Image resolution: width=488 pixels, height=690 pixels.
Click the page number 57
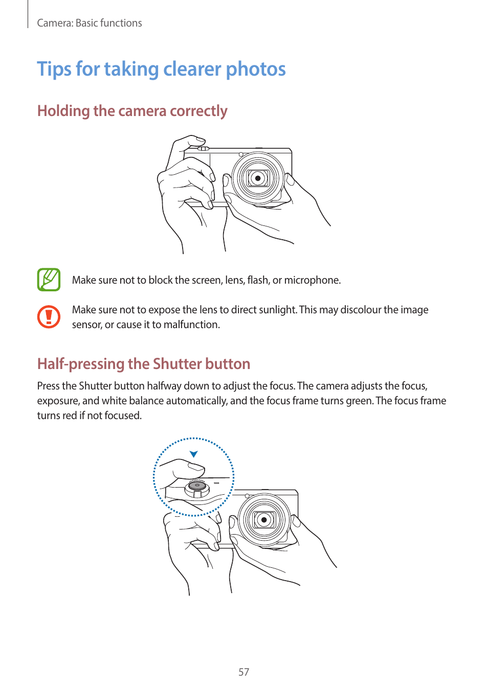coord(243,672)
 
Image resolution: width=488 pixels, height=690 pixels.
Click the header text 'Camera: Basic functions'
coord(90,23)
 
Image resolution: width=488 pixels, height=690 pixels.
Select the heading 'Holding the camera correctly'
coord(132,111)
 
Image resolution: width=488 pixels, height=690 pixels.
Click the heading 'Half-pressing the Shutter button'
coord(144,364)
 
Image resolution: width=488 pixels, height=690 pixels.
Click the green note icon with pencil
coord(49,280)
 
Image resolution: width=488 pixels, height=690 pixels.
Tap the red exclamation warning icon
coord(49,317)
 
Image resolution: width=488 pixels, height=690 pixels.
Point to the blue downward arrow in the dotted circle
coord(193,454)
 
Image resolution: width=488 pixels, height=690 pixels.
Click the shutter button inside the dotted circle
coord(197,488)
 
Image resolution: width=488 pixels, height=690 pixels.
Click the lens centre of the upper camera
coord(258,178)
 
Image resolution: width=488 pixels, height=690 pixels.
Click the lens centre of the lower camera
coord(264,520)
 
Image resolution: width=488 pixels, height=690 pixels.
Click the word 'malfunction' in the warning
coord(191,325)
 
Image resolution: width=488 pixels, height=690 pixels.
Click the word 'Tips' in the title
coord(54,69)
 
